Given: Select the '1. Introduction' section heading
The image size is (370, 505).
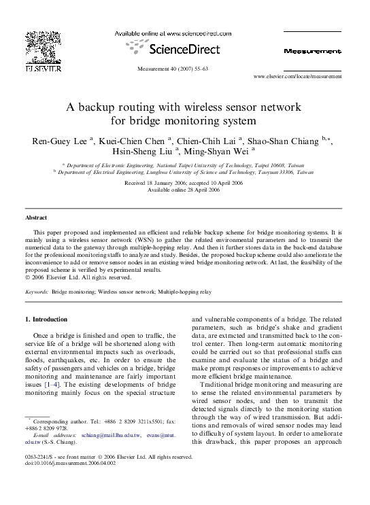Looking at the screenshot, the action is pos(46,319).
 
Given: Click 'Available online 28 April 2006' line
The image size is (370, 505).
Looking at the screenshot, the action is pos(184,189).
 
